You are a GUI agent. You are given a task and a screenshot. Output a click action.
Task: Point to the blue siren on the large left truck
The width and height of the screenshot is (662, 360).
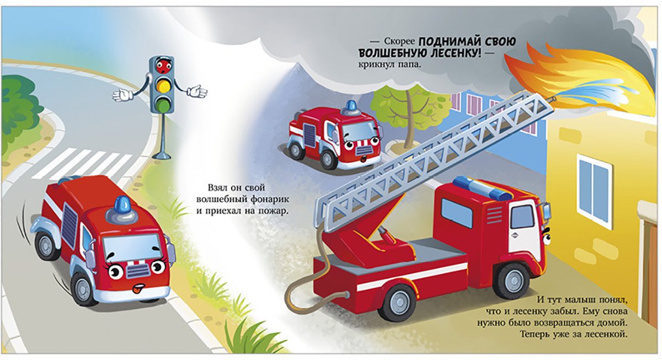122,205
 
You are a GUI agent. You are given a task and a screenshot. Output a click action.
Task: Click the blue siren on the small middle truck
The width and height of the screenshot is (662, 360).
351,105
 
